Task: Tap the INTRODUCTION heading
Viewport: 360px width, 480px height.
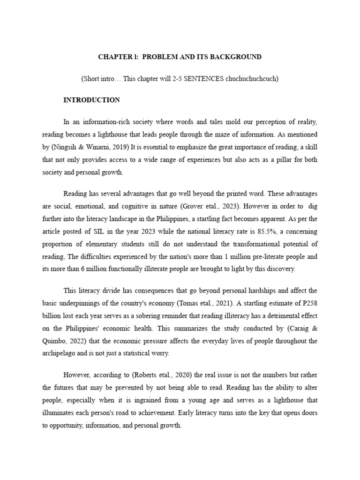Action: (91, 100)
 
